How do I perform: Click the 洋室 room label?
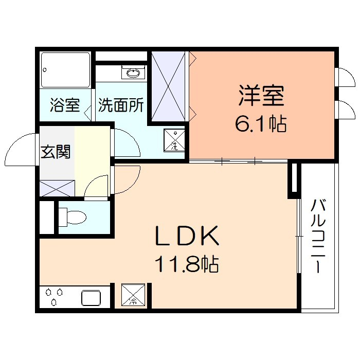coord(261,96)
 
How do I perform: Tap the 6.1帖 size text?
coord(261,124)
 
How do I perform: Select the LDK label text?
coord(188,237)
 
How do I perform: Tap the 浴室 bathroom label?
coord(64,106)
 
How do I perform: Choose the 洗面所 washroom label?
coord(121,106)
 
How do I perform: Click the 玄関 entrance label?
coord(56,152)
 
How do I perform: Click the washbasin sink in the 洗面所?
coord(132,73)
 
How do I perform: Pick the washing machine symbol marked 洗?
coord(174,139)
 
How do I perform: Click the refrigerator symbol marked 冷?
coord(133,295)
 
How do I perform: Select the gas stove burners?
coord(54,297)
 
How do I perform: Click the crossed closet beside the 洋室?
coord(169,86)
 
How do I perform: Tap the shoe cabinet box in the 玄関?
coord(57,187)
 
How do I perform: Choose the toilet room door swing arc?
coord(97,186)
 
